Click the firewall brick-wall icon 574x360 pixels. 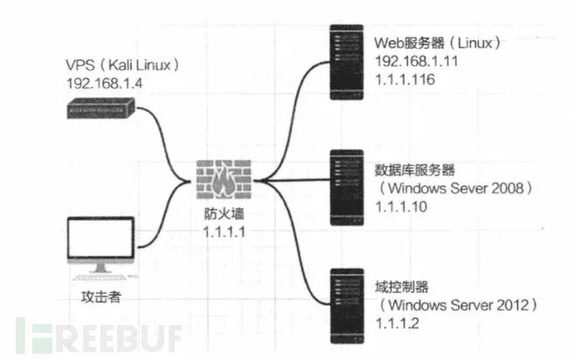click(x=223, y=180)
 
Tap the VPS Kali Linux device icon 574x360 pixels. click(x=100, y=109)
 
